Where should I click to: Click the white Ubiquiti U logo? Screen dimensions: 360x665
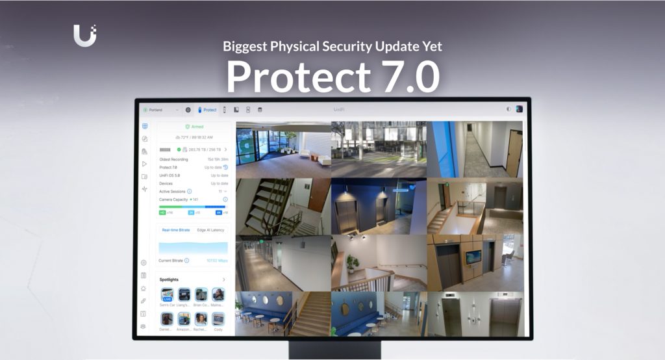pos(84,35)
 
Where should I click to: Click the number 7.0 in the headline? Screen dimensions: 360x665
pos(399,77)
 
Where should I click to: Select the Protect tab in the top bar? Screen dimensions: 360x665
pos(207,110)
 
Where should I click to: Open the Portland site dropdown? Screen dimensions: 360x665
pos(161,110)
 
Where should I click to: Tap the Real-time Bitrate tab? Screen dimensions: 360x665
pos(175,230)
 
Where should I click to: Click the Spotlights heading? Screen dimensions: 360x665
pos(169,279)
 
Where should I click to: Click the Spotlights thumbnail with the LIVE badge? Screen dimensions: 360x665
pos(167,294)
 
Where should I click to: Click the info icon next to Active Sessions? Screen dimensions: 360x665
pos(190,192)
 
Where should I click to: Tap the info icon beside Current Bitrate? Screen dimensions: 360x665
pos(186,261)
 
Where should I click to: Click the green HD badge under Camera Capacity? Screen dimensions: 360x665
pos(162,212)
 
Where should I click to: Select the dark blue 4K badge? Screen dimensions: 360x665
pos(219,212)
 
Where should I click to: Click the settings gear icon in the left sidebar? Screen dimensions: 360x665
pos(144,263)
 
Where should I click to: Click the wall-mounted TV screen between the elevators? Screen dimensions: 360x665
pos(473,257)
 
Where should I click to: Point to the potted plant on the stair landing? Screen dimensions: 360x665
pos(353,263)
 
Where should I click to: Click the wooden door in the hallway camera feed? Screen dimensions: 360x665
pos(514,153)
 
